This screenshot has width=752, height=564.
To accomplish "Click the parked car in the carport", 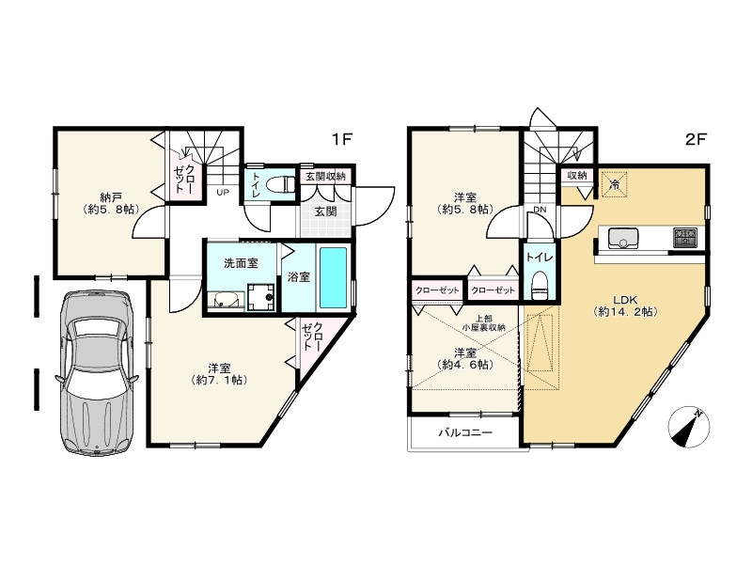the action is [x=97, y=371].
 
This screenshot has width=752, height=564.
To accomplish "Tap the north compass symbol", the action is [x=689, y=427].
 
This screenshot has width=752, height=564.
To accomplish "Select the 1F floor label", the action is [x=342, y=139].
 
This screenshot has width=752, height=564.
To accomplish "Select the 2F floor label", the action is [x=696, y=139].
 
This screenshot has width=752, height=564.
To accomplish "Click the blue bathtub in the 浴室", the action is [x=333, y=277].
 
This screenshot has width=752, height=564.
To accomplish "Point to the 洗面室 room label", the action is [x=241, y=263].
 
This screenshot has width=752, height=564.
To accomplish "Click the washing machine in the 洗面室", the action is [x=261, y=297].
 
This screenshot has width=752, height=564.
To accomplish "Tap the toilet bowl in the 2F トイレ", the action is [x=540, y=286].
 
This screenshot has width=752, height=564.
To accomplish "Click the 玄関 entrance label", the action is [x=325, y=211].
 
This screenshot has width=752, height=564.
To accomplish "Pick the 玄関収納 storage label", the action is [x=325, y=176].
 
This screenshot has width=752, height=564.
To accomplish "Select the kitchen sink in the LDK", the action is [x=623, y=239].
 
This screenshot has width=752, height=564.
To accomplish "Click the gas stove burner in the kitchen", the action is [x=686, y=238].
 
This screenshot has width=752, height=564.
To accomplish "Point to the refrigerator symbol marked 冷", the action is [x=614, y=183].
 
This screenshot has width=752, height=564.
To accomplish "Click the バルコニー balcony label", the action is [x=465, y=433].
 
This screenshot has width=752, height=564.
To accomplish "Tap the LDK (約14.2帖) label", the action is [x=625, y=305].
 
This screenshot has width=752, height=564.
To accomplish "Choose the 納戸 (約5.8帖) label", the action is [x=111, y=203].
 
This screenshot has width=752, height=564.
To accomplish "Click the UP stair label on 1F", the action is [x=223, y=193].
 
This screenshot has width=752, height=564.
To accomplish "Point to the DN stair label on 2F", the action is [x=540, y=210].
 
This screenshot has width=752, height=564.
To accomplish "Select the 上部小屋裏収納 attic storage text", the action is [x=483, y=322].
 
